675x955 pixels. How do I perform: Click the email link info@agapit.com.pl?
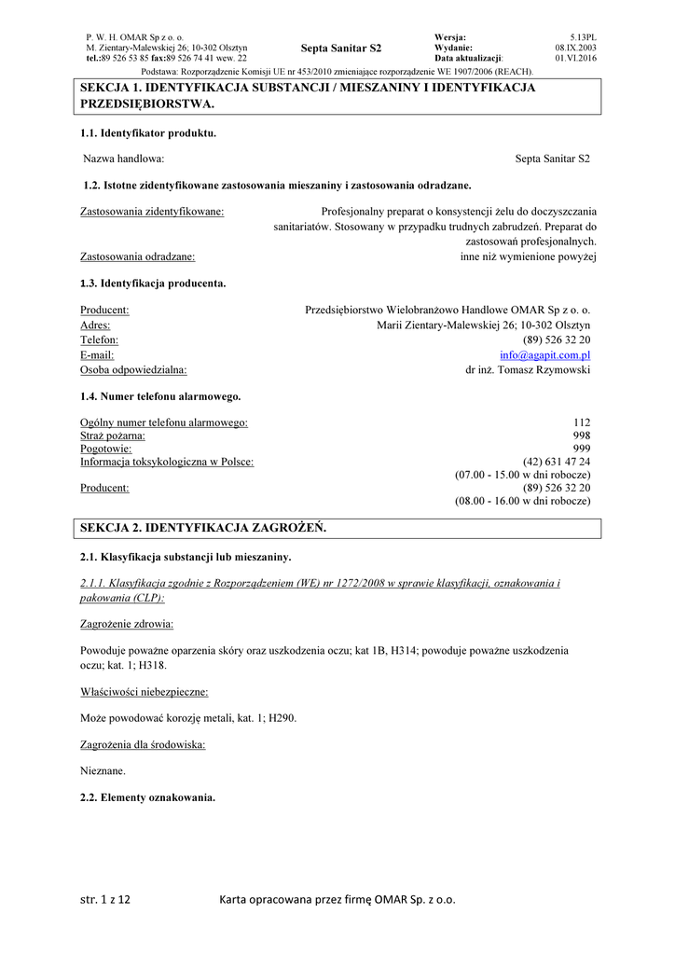(x=544, y=355)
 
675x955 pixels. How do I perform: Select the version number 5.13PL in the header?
(x=583, y=36)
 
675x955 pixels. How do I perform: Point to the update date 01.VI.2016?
(x=575, y=58)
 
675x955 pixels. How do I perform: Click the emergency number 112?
(x=583, y=423)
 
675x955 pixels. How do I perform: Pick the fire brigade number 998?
(x=583, y=436)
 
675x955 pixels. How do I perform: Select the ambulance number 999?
(x=583, y=449)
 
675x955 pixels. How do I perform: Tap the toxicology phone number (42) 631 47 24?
(x=557, y=462)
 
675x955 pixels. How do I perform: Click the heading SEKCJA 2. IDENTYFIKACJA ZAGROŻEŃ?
(x=203, y=528)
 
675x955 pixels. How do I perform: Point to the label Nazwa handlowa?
(x=124, y=159)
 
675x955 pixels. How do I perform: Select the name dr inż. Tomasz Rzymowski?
(x=528, y=369)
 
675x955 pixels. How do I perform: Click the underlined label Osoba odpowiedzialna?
(x=133, y=369)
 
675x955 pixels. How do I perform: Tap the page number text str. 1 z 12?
(x=105, y=900)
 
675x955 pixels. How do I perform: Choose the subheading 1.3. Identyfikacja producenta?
(x=153, y=283)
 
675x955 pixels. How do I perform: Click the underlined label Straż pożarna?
(x=113, y=436)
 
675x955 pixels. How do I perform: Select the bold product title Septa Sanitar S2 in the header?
(x=341, y=48)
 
